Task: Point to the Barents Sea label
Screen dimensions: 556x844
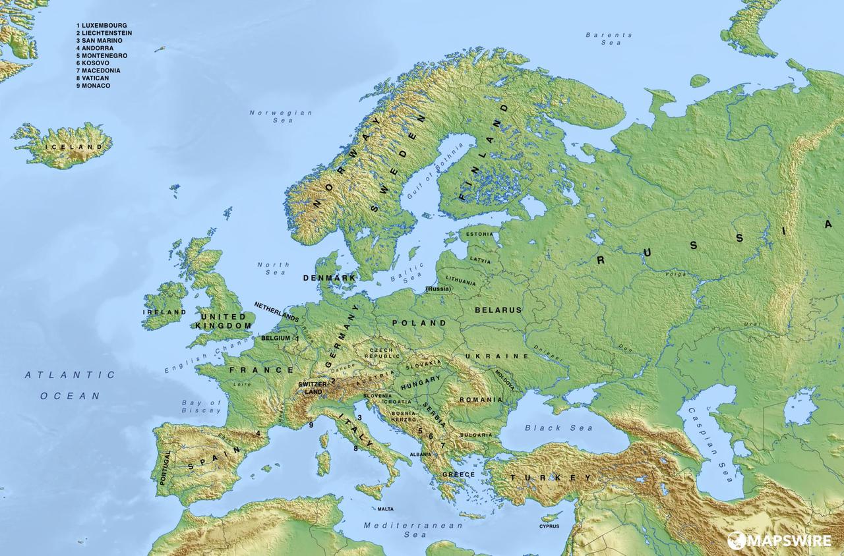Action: coord(609,39)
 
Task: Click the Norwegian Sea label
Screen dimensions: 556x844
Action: coord(281,117)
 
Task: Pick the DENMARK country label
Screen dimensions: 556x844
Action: coord(329,278)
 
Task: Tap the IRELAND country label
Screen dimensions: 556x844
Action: coord(164,312)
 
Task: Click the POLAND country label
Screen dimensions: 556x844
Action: coord(419,323)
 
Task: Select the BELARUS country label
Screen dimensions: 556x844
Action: coord(498,310)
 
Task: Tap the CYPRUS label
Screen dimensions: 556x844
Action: coord(549,526)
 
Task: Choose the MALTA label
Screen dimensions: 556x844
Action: coord(385,509)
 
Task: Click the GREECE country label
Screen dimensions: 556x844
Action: coord(458,474)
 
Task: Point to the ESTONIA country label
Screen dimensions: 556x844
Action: coord(479,234)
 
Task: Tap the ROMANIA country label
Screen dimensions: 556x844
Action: coord(481,400)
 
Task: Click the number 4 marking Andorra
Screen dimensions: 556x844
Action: coord(258,433)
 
